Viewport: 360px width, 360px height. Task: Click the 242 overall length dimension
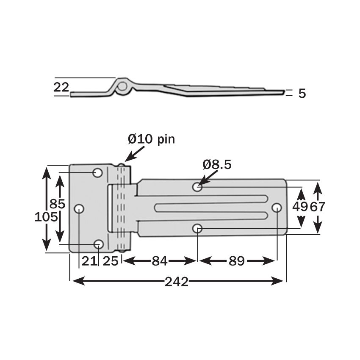pos(177,282)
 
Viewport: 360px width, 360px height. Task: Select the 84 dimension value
pos(159,261)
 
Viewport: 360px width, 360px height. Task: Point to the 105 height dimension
pos(46,217)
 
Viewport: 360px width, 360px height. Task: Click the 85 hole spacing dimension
pos(57,204)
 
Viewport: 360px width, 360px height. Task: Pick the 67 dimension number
pos(318,207)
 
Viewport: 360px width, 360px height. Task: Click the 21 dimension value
pos(89,261)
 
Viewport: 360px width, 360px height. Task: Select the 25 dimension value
pos(110,261)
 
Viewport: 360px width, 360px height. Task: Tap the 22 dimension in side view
pos(61,87)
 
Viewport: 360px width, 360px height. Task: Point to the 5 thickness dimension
pos(302,94)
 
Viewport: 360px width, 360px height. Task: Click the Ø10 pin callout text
pos(151,139)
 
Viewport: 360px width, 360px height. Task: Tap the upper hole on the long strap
pos(197,186)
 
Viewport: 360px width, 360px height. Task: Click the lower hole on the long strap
pos(197,229)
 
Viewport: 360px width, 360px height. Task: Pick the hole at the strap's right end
pos(277,208)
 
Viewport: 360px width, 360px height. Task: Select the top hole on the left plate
pos(98,173)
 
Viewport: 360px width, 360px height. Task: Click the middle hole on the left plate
pos(79,209)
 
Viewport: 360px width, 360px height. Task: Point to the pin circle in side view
pos(122,87)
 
